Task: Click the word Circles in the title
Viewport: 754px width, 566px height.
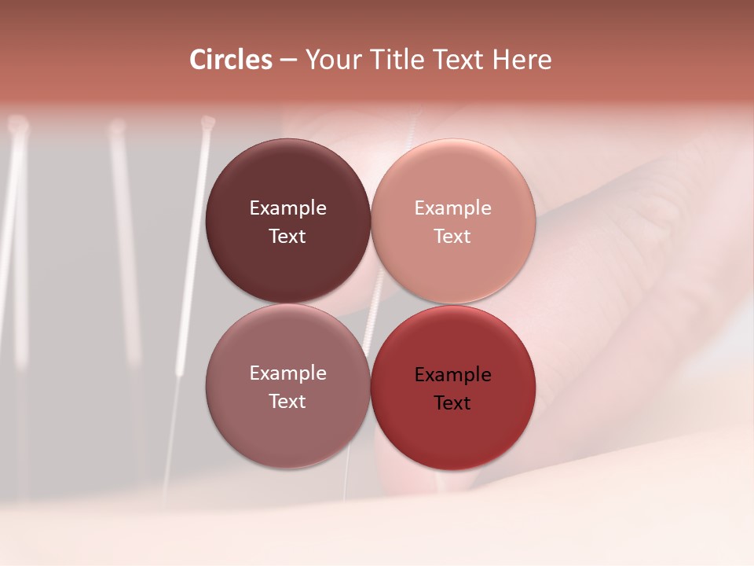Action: click(231, 60)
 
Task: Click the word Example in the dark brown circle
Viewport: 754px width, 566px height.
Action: click(287, 208)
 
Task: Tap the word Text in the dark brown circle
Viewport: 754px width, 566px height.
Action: click(287, 237)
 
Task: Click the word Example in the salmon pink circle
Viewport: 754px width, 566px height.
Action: click(453, 208)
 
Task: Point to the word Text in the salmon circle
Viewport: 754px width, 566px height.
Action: click(453, 237)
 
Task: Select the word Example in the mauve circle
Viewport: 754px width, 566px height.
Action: click(287, 373)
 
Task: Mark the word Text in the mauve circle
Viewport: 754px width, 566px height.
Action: click(287, 402)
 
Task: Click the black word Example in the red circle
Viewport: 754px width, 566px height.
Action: click(453, 375)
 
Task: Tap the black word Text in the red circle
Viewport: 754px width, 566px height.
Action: click(453, 403)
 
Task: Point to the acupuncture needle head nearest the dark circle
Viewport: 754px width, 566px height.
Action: click(207, 123)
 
